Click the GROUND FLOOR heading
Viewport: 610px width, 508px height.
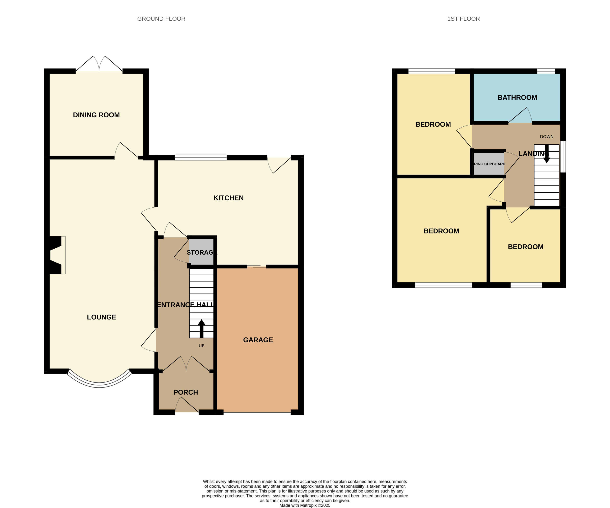[x=161, y=19]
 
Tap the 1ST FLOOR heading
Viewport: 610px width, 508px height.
[x=463, y=19]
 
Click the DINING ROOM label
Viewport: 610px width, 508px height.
[x=96, y=115]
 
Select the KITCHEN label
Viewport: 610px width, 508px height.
[x=228, y=198]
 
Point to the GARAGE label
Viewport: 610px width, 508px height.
[x=258, y=340]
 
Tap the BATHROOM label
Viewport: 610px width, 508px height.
[x=517, y=98]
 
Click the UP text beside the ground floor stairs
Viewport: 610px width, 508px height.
[x=201, y=346]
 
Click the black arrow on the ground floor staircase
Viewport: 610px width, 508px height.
[x=201, y=328]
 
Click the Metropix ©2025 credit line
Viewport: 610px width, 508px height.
[x=305, y=505]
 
